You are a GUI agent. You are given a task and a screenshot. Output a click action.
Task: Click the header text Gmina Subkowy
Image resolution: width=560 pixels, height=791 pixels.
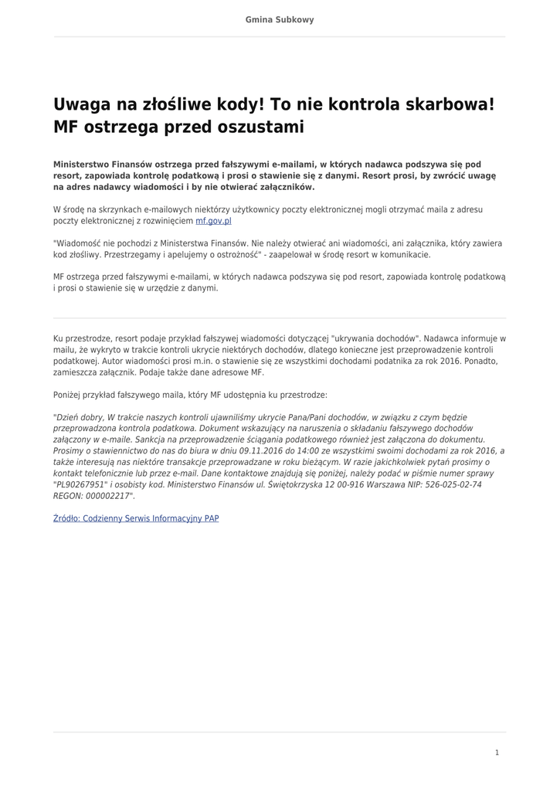[x=280, y=19]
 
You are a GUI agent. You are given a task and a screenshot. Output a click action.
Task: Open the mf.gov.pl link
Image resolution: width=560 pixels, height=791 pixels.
[x=213, y=220]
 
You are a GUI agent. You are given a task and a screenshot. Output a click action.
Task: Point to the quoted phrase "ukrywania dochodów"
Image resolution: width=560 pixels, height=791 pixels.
[x=375, y=338]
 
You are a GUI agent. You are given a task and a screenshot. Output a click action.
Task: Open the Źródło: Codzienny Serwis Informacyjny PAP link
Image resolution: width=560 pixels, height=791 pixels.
[x=136, y=518]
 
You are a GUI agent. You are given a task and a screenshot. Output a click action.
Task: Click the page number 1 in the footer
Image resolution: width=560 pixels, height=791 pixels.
[x=497, y=752]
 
